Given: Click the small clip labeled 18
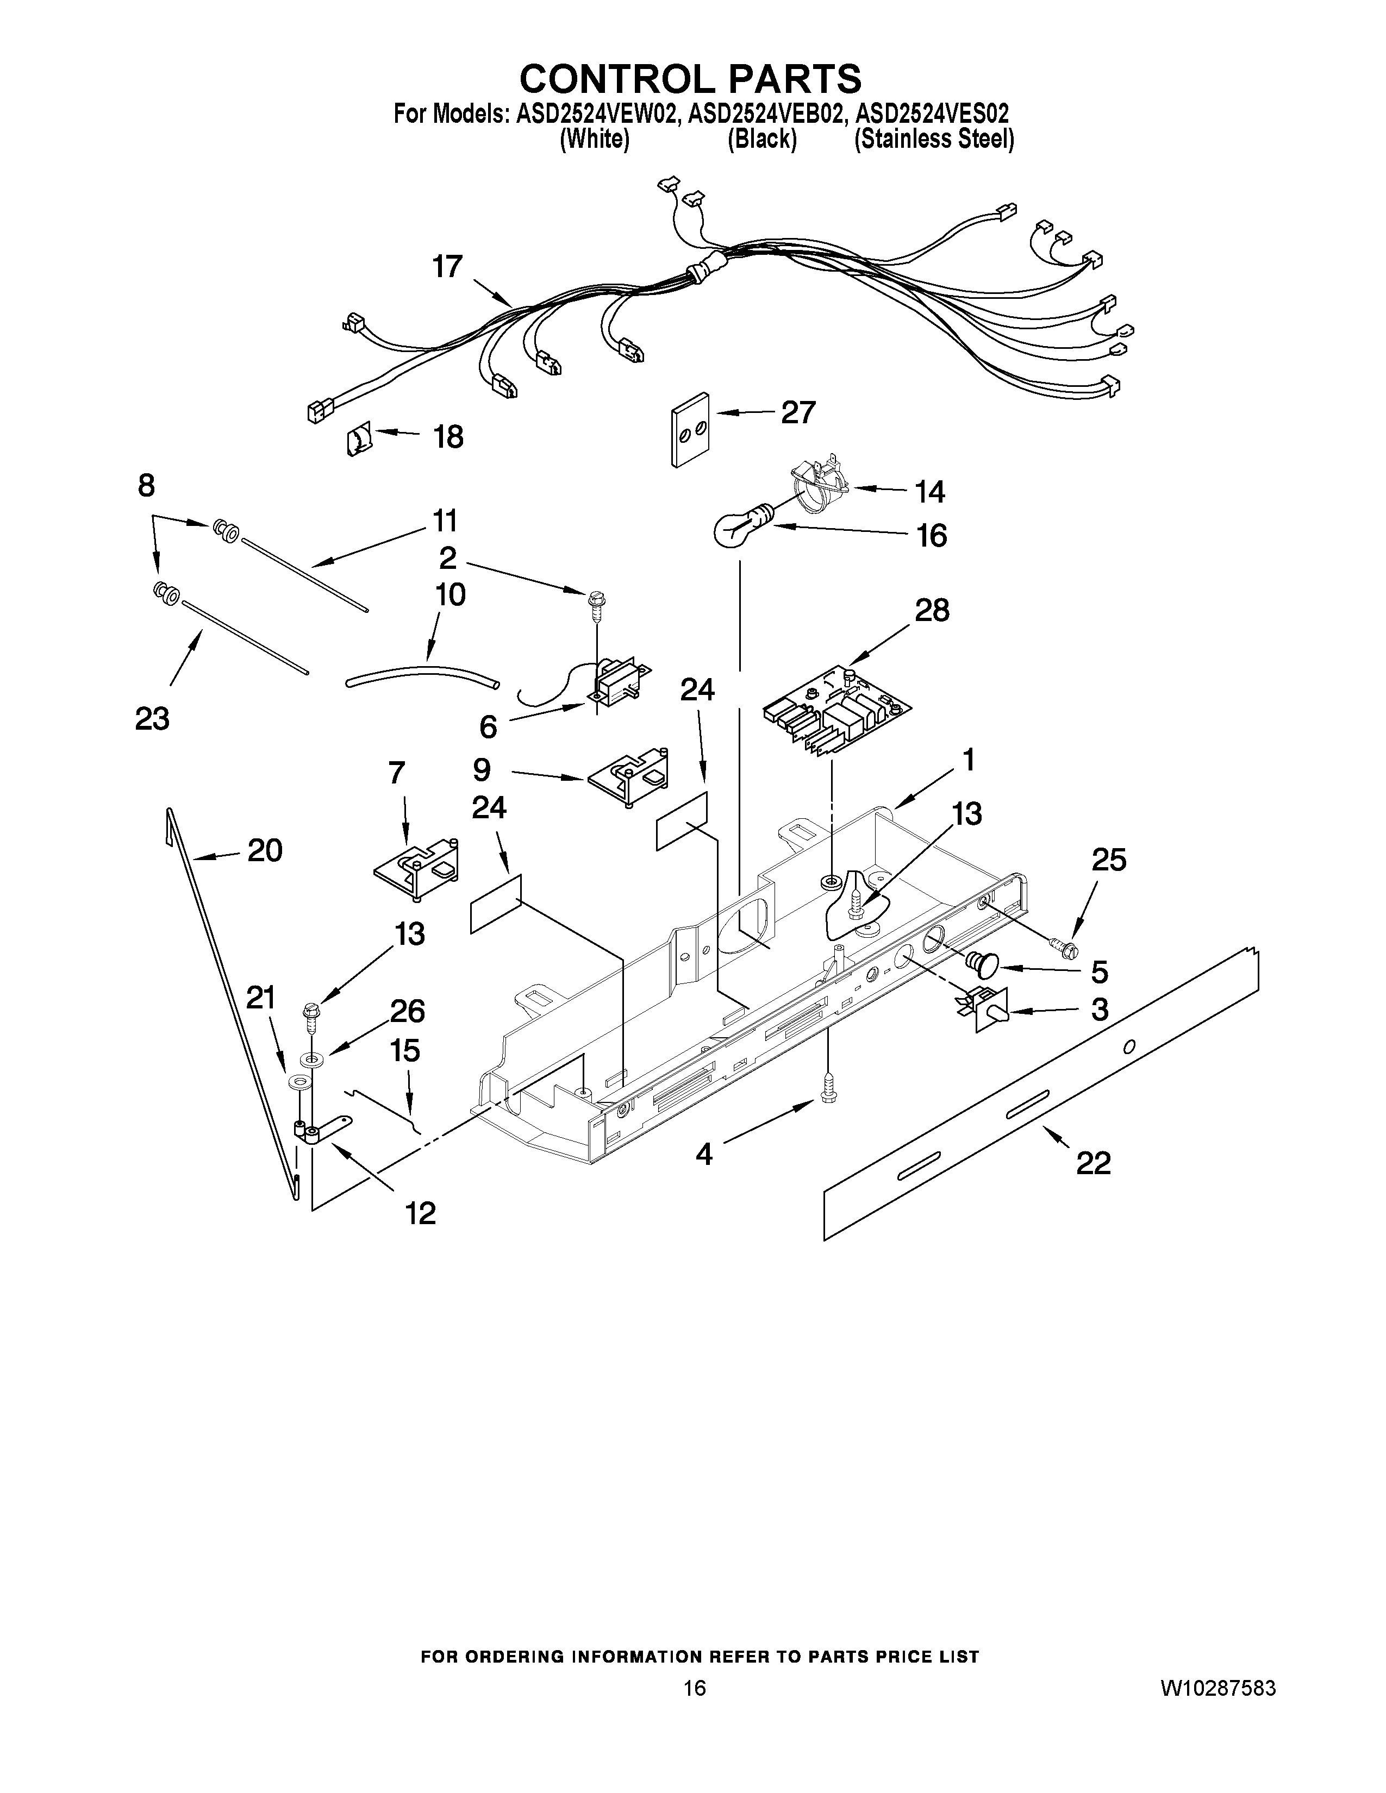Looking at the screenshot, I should coord(359,441).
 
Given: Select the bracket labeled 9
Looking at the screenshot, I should coord(628,776).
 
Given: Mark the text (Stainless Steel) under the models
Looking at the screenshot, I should coord(934,140).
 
